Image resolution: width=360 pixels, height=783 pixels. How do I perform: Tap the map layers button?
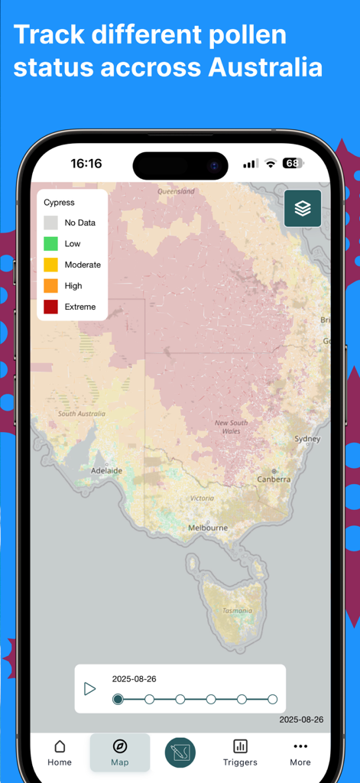pyautogui.click(x=303, y=208)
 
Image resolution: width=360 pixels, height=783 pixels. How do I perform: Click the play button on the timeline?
pyautogui.click(x=90, y=689)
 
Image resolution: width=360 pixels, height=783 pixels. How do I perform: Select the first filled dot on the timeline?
pyautogui.click(x=118, y=699)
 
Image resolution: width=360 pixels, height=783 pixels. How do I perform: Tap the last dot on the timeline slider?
pyautogui.click(x=272, y=699)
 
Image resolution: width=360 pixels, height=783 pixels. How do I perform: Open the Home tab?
pyautogui.click(x=60, y=752)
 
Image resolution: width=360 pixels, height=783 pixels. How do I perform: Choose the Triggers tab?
pyautogui.click(x=240, y=752)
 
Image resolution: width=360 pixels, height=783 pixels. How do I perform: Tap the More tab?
pyautogui.click(x=300, y=752)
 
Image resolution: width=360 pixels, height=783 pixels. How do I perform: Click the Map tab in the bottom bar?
pyautogui.click(x=120, y=752)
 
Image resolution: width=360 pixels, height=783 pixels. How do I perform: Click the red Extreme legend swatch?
pyautogui.click(x=50, y=307)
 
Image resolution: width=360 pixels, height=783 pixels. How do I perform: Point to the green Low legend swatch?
pyautogui.click(x=50, y=244)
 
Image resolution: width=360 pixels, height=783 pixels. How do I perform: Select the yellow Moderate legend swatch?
pyautogui.click(x=50, y=265)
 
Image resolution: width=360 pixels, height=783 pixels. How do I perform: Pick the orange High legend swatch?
pyautogui.click(x=50, y=286)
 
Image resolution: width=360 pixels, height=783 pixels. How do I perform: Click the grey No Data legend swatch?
pyautogui.click(x=50, y=223)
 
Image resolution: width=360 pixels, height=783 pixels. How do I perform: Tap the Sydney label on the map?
pyautogui.click(x=307, y=439)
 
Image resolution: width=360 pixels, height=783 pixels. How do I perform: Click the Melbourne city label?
pyautogui.click(x=208, y=528)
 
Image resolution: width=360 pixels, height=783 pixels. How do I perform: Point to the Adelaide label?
pyautogui.click(x=106, y=471)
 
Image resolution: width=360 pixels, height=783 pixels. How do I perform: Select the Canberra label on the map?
pyautogui.click(x=274, y=479)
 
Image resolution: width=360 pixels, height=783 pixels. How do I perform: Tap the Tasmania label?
pyautogui.click(x=237, y=610)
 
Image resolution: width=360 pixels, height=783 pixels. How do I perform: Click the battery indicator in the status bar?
pyautogui.click(x=293, y=163)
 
